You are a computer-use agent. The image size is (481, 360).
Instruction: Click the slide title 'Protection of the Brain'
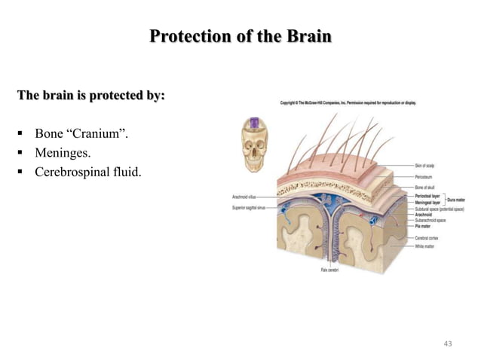point(240,36)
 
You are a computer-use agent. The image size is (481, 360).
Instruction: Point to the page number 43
point(449,343)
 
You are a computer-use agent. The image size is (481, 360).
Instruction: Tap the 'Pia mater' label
point(424,225)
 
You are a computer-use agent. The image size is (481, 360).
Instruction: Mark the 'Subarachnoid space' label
point(431,220)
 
